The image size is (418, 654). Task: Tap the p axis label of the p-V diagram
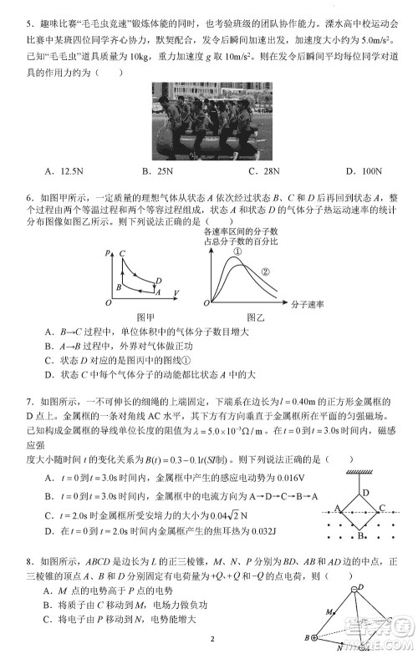(108, 251)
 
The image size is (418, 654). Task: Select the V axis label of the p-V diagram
(176, 292)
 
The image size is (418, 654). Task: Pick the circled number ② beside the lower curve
(267, 271)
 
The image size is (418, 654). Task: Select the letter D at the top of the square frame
(365, 492)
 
